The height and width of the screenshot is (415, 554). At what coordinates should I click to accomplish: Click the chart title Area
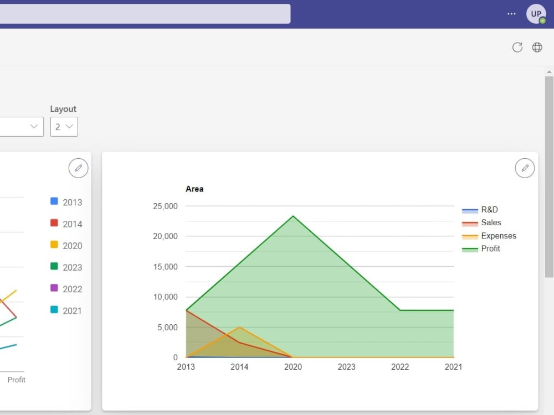point(194,189)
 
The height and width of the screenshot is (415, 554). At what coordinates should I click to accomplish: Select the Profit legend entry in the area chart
point(481,249)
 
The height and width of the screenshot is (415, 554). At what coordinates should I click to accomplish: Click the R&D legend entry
point(480,210)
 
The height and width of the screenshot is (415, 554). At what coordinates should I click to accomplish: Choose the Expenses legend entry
point(489,236)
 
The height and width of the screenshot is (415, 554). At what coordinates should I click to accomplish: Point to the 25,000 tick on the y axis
point(165,206)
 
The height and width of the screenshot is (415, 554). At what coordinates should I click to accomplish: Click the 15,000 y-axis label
point(165,267)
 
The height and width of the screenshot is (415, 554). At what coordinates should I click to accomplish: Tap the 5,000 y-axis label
point(167,328)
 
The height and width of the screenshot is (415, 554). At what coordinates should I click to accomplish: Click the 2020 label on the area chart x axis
point(293,367)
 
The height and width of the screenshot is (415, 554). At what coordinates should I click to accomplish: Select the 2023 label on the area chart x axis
point(347,367)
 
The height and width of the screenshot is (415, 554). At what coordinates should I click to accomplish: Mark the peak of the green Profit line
point(293,216)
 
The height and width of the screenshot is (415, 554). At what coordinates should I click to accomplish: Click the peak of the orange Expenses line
point(239,327)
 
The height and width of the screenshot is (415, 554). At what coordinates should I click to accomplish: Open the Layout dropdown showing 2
point(64,127)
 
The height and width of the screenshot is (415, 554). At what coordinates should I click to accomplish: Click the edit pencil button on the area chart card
point(525,168)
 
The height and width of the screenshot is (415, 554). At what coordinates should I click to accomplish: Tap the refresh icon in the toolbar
point(517,47)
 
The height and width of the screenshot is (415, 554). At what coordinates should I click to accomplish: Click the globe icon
point(537,47)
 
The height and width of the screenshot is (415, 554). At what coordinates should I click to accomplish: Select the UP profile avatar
point(536,14)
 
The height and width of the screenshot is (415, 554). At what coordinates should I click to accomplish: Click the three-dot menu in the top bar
point(511,14)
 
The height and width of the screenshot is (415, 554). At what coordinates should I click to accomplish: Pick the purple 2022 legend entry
point(66,289)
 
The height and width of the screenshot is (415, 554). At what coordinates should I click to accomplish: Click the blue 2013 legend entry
point(66,202)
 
